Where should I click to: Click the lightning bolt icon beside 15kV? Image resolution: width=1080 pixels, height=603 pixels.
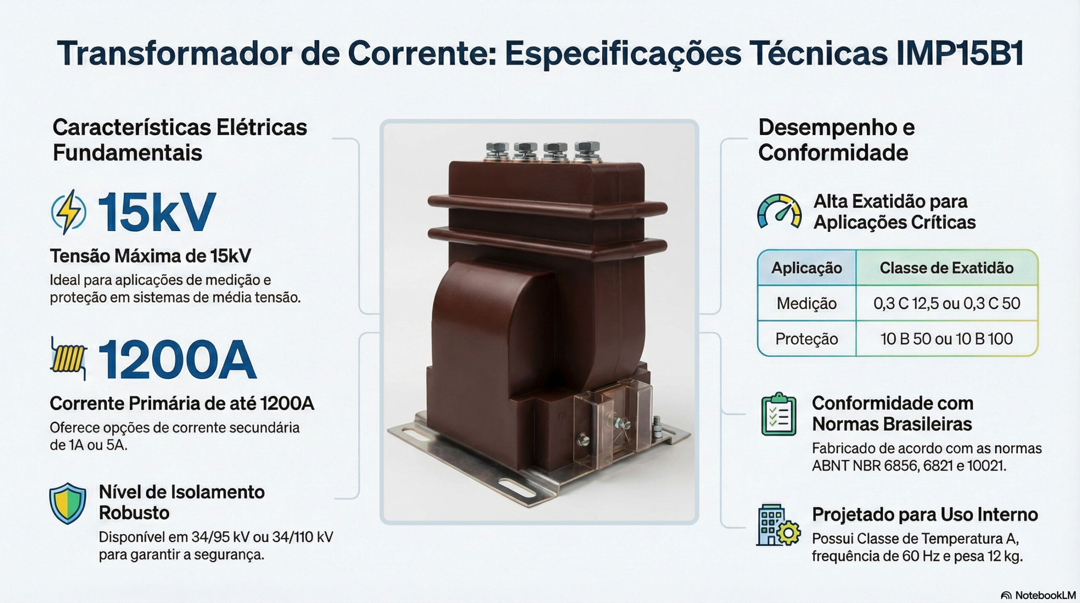(69, 212)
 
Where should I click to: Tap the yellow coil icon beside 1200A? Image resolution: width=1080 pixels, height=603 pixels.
(68, 358)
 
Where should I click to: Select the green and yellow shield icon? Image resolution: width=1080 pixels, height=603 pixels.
(67, 503)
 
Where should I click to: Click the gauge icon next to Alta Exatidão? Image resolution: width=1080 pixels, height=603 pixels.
(779, 211)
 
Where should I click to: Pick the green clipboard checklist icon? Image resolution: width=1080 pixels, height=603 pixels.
(779, 415)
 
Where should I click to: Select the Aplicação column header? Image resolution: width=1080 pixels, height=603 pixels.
(807, 268)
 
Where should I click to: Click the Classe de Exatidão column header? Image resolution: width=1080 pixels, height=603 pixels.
(947, 268)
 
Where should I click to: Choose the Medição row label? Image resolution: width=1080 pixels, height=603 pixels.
(807, 303)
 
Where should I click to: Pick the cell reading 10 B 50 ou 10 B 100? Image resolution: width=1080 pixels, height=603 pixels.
(947, 339)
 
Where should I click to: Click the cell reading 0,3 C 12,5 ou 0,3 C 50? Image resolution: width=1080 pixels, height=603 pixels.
(947, 303)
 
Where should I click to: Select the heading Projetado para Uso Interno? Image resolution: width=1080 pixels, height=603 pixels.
(925, 515)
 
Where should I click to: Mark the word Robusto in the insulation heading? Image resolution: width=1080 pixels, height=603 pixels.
(134, 513)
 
